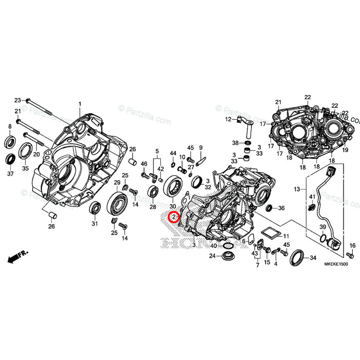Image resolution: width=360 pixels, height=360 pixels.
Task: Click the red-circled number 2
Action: click(x=174, y=217)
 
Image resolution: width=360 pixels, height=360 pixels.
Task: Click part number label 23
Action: click(x=18, y=100)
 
